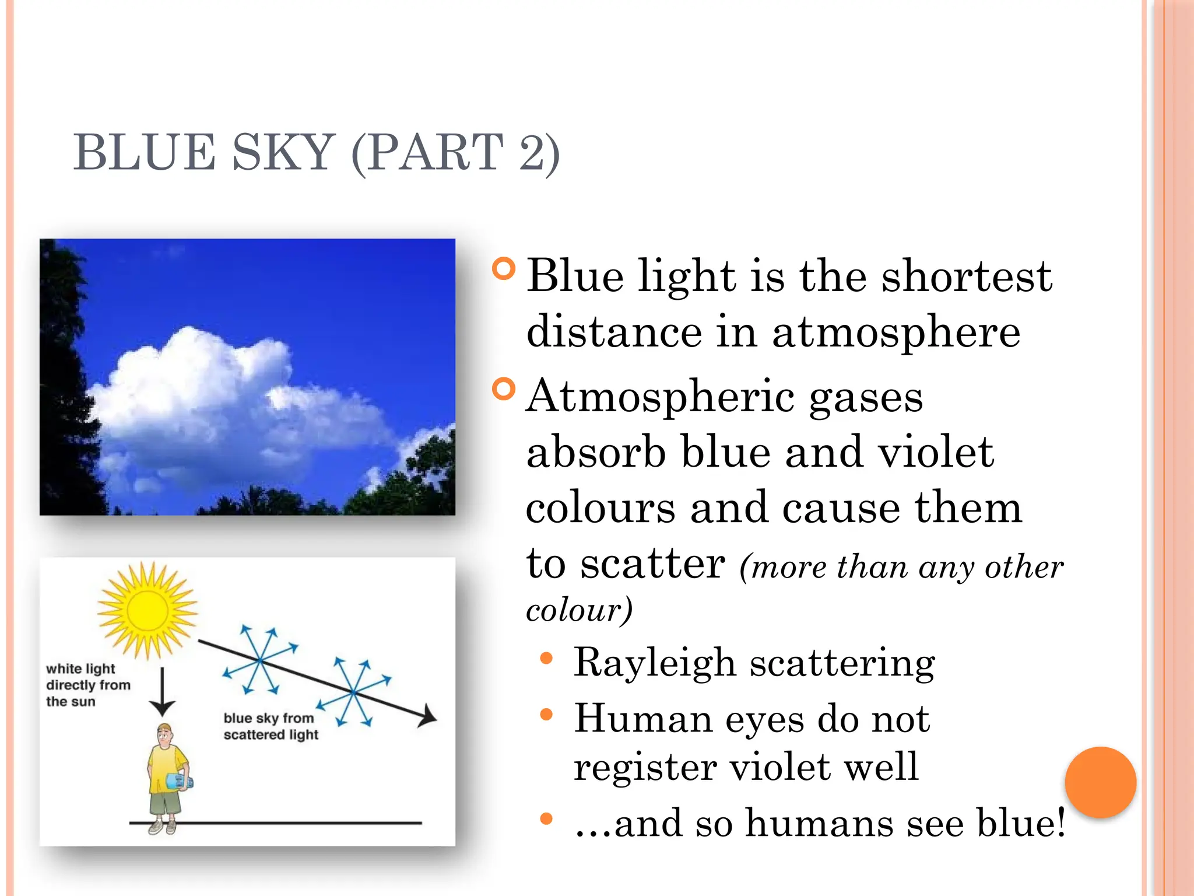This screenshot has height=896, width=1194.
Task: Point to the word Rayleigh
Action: (654, 664)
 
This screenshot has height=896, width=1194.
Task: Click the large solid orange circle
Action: (1100, 782)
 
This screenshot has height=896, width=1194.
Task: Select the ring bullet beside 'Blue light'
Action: (504, 269)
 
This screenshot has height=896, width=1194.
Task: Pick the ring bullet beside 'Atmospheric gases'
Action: (504, 389)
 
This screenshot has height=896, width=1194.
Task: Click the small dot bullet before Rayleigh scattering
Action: (546, 659)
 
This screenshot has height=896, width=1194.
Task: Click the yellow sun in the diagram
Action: (148, 610)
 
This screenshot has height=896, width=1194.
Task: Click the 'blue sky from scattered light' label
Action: (271, 726)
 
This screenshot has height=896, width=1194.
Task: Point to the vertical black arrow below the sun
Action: (162, 691)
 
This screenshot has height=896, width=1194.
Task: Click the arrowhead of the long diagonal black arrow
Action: (429, 716)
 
